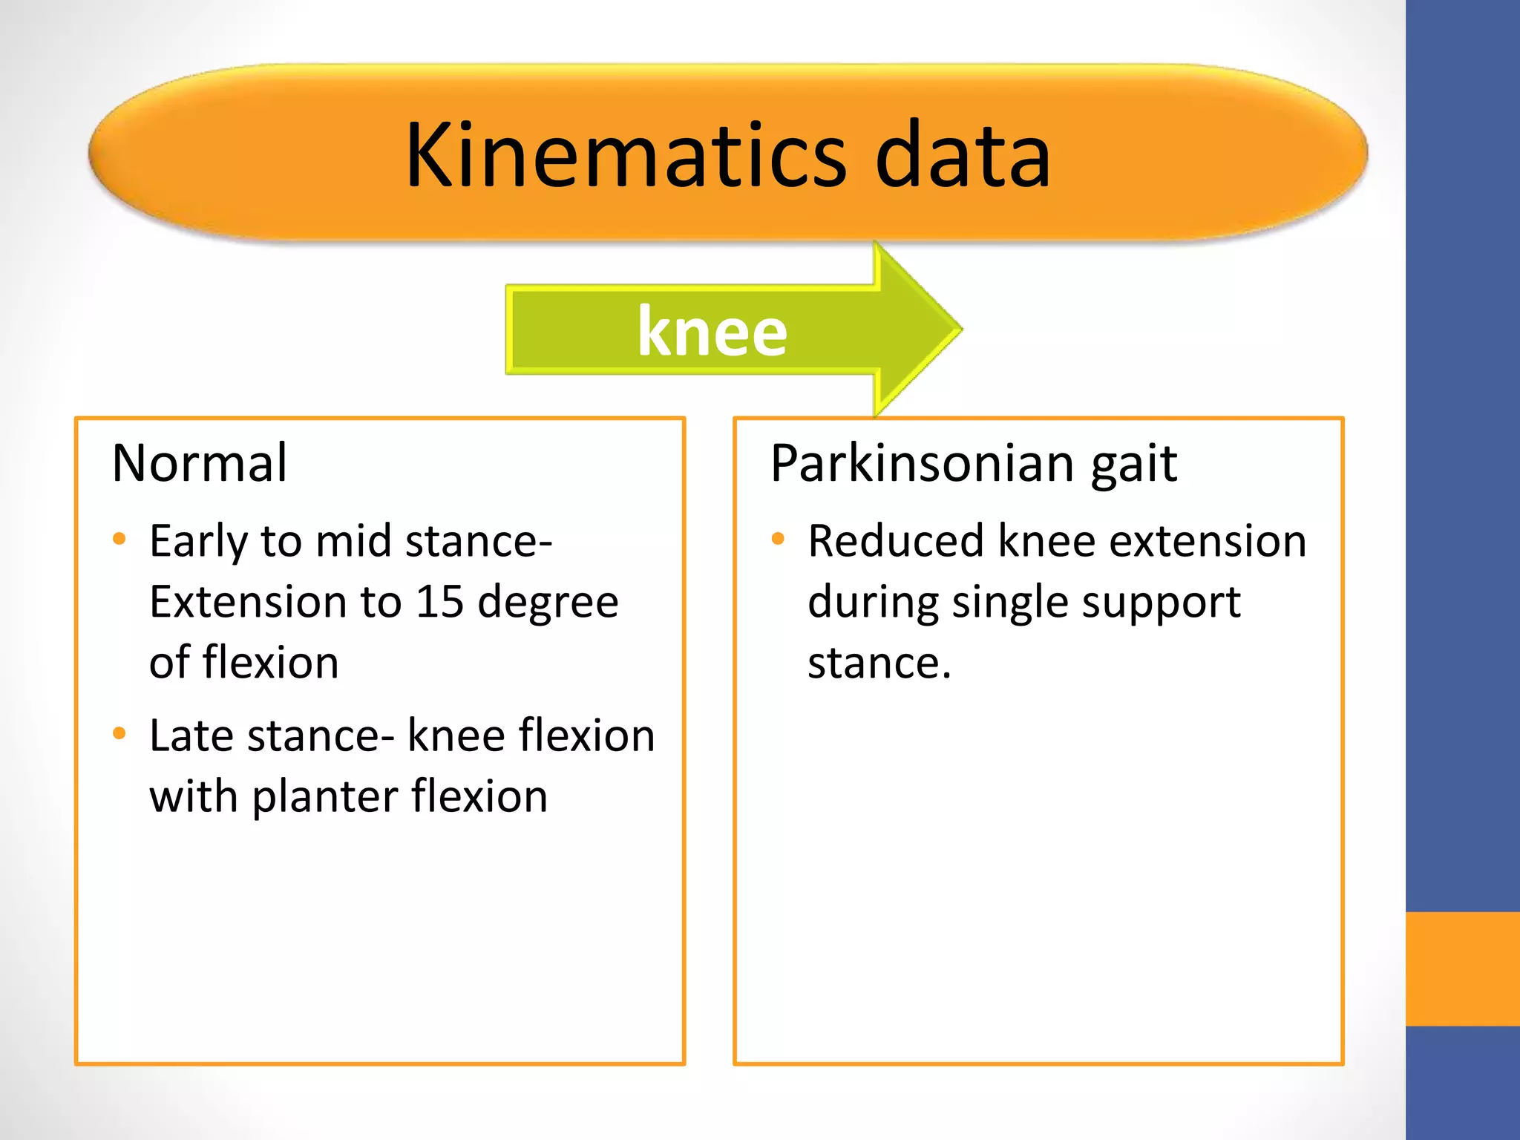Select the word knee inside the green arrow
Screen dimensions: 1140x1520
[x=712, y=331]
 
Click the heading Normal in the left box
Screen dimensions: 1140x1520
[x=200, y=463]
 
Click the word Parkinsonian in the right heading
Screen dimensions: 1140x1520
[x=921, y=463]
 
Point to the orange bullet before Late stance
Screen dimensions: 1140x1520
[x=119, y=734]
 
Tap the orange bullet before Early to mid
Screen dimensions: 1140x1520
[x=119, y=539]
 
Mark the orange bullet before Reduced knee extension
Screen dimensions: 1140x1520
[x=778, y=539]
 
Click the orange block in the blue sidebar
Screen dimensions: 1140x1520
[x=1462, y=969]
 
